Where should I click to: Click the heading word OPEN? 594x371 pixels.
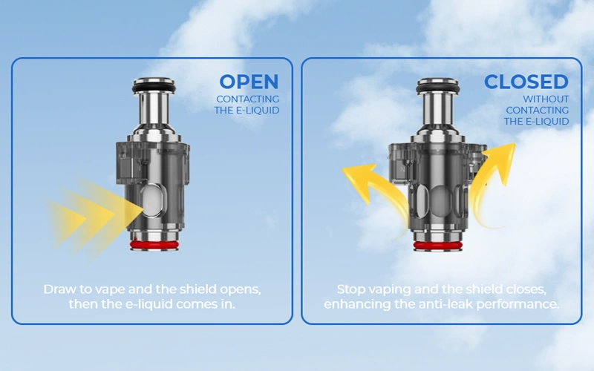coord(249,82)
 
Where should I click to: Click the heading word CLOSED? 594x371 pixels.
coord(526,82)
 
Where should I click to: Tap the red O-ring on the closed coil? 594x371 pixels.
coord(437,246)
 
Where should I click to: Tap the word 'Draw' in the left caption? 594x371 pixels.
coord(59,289)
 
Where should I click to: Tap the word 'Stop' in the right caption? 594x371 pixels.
coord(353,289)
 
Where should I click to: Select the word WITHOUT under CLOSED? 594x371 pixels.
coord(546,99)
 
